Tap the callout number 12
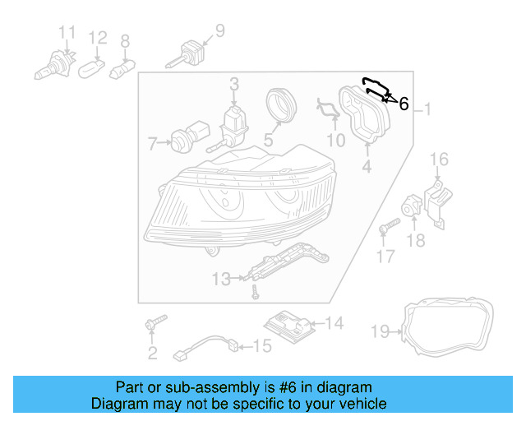(x=98, y=38)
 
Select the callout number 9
(x=219, y=31)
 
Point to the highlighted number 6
(x=404, y=104)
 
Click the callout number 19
(x=379, y=332)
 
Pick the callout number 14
(x=334, y=323)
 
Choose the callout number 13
(x=220, y=280)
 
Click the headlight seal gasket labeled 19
(x=449, y=329)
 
